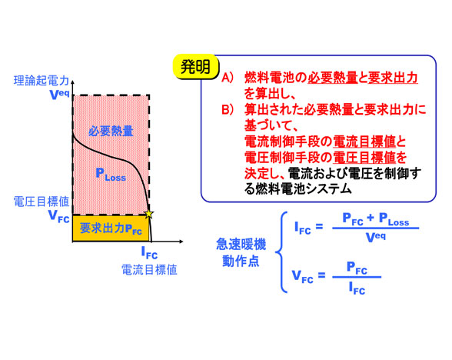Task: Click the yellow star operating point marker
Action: pyautogui.click(x=149, y=214)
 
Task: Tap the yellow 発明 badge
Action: pyautogui.click(x=196, y=67)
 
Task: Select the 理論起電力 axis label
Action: pyautogui.click(x=42, y=81)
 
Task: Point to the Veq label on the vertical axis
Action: pyautogui.click(x=60, y=95)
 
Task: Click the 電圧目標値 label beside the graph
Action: pyautogui.click(x=42, y=202)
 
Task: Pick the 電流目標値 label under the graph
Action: pyautogui.click(x=149, y=270)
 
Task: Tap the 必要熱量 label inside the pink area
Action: pyautogui.click(x=111, y=131)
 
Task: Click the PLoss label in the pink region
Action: pyautogui.click(x=111, y=175)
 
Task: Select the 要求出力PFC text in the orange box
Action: pyautogui.click(x=111, y=228)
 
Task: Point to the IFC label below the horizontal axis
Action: pyautogui.click(x=149, y=253)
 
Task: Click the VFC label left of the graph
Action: pyautogui.click(x=59, y=216)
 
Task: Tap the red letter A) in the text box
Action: pyautogui.click(x=228, y=78)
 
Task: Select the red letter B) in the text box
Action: pyautogui.click(x=228, y=109)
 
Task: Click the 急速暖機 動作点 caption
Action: pyautogui.click(x=241, y=253)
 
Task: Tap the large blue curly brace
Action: pyautogui.click(x=281, y=252)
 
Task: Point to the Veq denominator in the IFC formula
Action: pyautogui.click(x=375, y=238)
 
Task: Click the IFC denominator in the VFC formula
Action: pyautogui.click(x=357, y=288)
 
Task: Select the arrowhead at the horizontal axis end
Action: pyautogui.click(x=181, y=242)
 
